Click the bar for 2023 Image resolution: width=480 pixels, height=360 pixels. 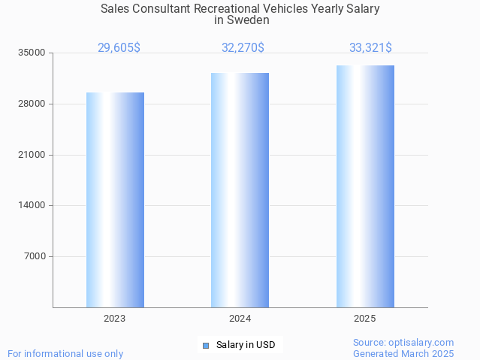coord(115,200)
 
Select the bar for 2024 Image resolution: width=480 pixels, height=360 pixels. coord(240,190)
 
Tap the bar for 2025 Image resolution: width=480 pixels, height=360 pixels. coord(365,186)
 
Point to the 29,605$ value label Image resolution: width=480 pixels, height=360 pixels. coord(119,47)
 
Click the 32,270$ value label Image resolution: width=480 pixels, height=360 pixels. coord(243,47)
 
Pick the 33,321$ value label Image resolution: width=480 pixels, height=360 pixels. coord(370,47)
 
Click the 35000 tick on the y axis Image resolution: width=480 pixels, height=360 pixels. coord(32,53)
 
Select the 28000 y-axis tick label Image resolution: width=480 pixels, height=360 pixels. coord(32,104)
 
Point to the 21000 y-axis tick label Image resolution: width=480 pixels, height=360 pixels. coord(32,155)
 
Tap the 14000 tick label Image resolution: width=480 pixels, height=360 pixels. coord(32,205)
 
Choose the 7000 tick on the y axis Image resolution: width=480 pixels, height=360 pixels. coord(35,256)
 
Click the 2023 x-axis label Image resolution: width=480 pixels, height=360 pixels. coord(115,319)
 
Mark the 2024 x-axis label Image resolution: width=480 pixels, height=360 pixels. coord(240,319)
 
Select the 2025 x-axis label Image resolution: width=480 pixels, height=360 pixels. coord(365,319)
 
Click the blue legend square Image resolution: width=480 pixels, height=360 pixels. coord(205,346)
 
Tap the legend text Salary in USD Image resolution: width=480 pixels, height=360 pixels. coord(246,346)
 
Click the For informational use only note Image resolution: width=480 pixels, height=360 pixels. coord(65,353)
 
